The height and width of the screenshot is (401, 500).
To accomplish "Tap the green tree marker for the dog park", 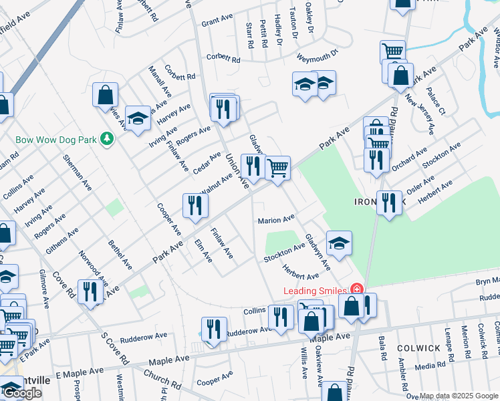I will (106, 138).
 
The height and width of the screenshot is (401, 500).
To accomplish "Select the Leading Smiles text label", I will (316, 291).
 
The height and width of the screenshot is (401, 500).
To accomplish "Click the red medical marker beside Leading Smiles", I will (357, 289).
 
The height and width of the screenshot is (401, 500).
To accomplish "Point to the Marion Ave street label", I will (277, 219).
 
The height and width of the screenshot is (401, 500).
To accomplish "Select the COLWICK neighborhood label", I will (418, 348).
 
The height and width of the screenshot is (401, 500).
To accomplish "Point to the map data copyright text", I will (459, 396).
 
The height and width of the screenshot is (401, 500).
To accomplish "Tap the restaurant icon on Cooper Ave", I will (195, 205).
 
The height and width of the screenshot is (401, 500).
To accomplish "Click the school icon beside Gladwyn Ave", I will (339, 243).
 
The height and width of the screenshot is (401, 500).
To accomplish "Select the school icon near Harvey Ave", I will (138, 118).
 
